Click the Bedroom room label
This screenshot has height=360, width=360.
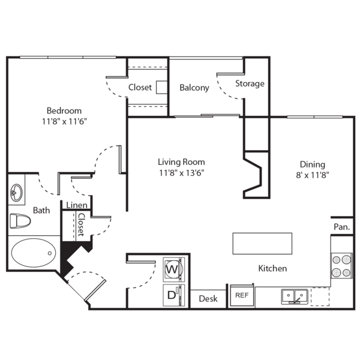pos(64,111)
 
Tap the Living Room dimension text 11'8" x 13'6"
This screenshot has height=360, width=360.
pos(181,174)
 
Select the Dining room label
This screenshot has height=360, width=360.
pos(313,164)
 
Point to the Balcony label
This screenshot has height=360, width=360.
pos(194,88)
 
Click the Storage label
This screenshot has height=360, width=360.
pos(250,83)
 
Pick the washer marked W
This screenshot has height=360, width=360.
pos(172,269)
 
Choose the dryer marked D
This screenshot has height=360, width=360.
pos(172,294)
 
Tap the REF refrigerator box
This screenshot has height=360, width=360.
pos(242,295)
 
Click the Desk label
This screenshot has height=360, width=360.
pos(208,299)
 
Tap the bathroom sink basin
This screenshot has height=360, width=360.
pos(16,193)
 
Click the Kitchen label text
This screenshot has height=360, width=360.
pos(272,269)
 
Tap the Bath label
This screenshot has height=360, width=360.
pos(41,211)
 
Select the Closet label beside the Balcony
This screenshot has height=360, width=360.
pos(140,88)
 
